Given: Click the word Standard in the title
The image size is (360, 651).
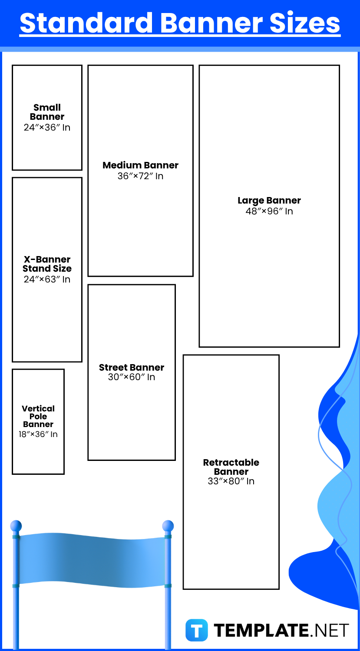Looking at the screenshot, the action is [86, 23].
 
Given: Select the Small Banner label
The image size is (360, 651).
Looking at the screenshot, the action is [47, 112].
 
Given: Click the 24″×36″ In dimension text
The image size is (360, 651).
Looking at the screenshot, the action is [47, 127].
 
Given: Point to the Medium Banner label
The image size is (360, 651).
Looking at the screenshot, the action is [140, 165].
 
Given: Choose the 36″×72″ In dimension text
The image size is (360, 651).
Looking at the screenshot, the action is [140, 176].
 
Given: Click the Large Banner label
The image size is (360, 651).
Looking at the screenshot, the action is [269, 200].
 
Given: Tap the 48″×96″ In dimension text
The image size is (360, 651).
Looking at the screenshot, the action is [269, 211].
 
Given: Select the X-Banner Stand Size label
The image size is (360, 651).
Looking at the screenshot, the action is [47, 263].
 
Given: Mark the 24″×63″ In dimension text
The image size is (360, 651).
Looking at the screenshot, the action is [47, 279].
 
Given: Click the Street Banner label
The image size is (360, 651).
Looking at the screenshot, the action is [132, 367].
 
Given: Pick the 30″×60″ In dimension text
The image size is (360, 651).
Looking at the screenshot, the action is [132, 377].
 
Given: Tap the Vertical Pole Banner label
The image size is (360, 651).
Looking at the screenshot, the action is [38, 416].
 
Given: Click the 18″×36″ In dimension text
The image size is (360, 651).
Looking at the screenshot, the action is [38, 434].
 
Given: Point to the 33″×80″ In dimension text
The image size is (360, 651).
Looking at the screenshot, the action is [231, 481].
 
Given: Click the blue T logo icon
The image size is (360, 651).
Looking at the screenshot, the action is [197, 630].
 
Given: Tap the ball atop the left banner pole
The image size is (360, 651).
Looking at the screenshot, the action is [16, 526].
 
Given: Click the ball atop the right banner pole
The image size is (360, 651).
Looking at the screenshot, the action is [168, 526].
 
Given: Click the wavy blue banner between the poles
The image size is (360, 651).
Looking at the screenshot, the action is [92, 560].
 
